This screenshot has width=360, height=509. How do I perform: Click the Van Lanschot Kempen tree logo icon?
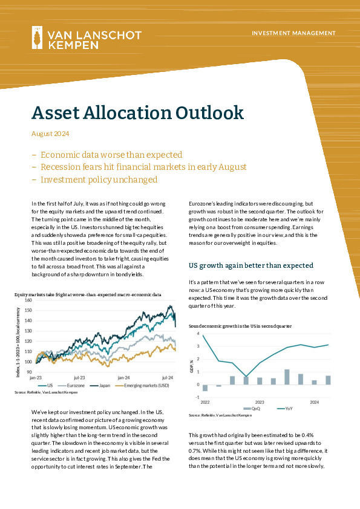click(37, 37)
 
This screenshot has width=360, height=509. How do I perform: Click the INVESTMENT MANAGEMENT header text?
click(293, 33)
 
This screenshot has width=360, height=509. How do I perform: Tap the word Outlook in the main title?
click(209, 112)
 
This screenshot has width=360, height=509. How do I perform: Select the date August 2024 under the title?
click(50, 134)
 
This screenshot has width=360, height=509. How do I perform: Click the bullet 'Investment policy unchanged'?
click(99, 180)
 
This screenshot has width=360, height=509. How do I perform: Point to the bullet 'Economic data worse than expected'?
click(111, 155)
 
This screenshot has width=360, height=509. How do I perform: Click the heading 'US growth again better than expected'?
click(251, 265)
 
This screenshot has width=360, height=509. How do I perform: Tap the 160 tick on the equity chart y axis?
click(28, 300)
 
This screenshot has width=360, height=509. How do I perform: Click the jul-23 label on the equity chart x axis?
click(79, 378)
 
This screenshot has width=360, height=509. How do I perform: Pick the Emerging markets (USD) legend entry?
click(142, 386)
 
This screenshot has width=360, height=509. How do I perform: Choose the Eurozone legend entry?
click(71, 386)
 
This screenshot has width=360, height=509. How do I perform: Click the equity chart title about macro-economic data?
click(88, 295)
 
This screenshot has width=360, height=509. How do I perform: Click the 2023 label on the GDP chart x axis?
click(260, 403)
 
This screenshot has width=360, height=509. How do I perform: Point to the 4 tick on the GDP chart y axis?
click(198, 334)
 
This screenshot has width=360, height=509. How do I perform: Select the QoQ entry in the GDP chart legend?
click(252, 409)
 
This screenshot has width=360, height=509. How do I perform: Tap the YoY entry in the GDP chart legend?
click(285, 409)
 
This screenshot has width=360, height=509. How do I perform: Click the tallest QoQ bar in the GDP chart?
click(287, 377)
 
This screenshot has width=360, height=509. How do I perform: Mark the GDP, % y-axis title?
click(192, 366)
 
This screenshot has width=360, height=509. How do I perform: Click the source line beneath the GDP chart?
click(220, 415)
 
